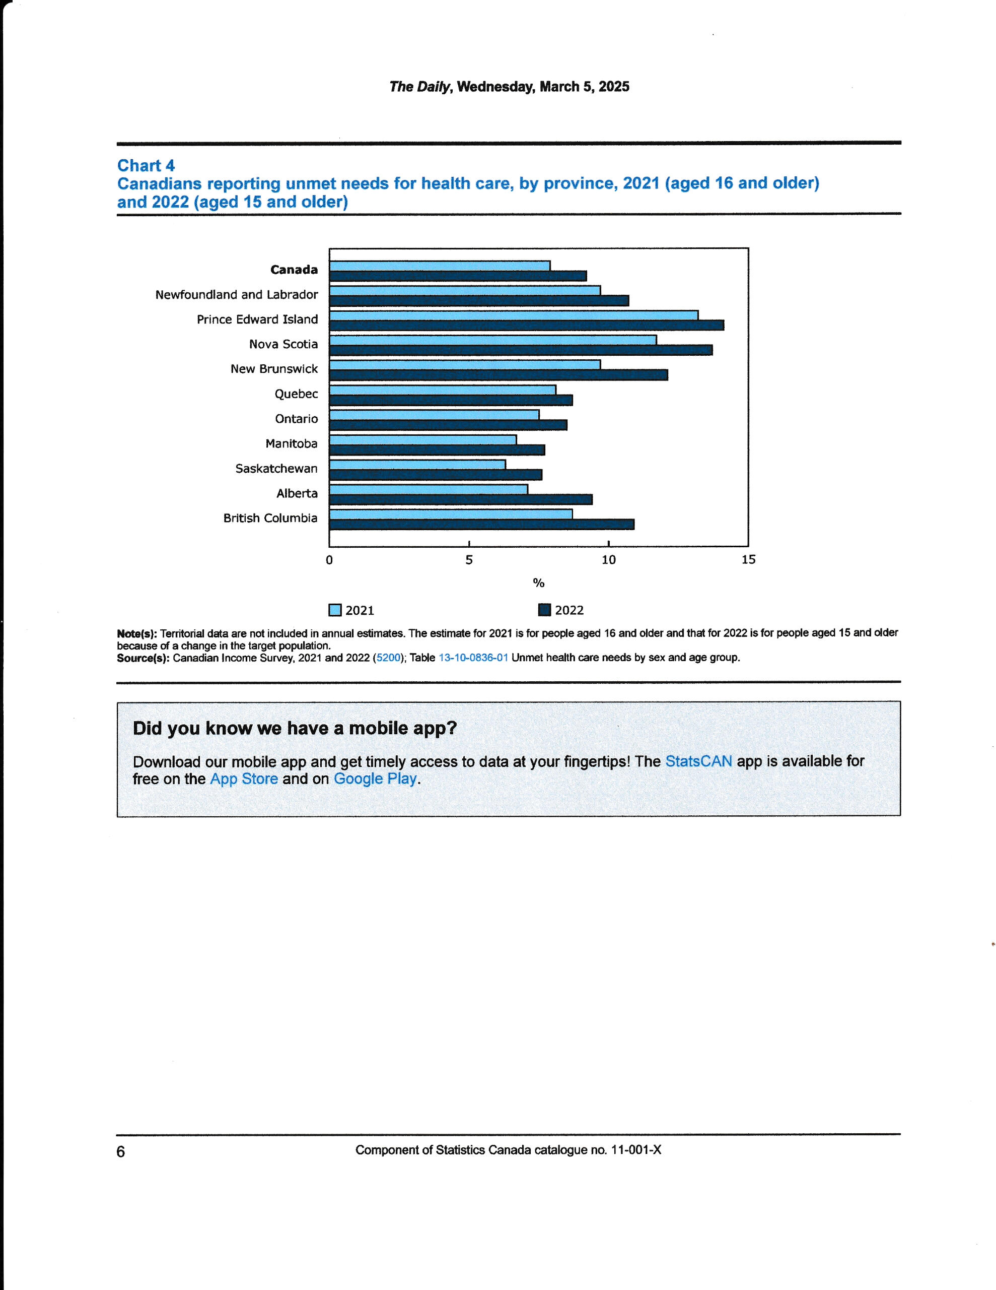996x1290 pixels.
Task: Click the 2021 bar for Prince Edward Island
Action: [514, 315]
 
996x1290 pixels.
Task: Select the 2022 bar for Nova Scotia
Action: [521, 350]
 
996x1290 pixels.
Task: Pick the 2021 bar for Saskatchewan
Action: [417, 465]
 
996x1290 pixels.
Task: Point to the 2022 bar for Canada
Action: [458, 276]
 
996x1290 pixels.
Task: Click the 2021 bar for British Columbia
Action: [451, 514]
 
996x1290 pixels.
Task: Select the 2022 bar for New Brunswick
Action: [499, 375]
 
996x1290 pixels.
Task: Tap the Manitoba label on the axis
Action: [291, 443]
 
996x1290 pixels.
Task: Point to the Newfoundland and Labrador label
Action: [236, 295]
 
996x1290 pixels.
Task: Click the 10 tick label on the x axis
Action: [608, 560]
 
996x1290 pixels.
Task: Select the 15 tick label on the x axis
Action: [748, 560]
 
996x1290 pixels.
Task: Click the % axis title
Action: [538, 584]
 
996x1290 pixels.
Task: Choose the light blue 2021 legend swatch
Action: [335, 610]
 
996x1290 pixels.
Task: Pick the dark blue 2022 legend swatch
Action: [544, 610]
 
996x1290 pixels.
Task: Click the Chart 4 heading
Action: [146, 165]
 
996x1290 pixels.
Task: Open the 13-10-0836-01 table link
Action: [473, 658]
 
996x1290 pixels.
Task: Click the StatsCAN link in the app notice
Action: [698, 761]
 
